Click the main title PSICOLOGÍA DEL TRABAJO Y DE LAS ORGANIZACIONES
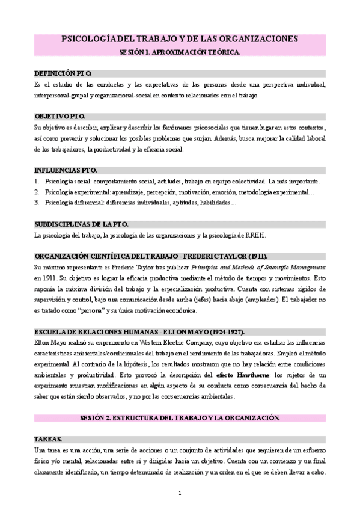coord(180,39)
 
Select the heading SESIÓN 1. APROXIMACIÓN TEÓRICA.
coord(180,52)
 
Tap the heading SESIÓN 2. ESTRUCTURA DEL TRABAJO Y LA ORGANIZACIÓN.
coord(180,417)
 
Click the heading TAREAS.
coord(48,438)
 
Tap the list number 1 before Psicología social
coord(37,181)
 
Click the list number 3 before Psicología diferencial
coord(37,203)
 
